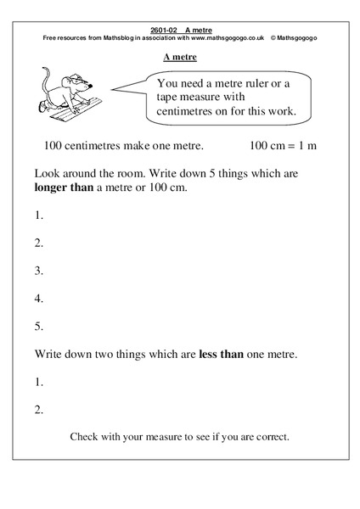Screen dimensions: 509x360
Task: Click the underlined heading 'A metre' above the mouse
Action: pyautogui.click(x=180, y=58)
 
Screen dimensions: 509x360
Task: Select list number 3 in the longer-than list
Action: pyautogui.click(x=38, y=271)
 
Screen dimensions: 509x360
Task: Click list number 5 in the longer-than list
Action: pyautogui.click(x=38, y=327)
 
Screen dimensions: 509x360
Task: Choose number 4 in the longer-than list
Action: pyautogui.click(x=38, y=299)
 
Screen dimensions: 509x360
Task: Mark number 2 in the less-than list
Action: pyautogui.click(x=38, y=409)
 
